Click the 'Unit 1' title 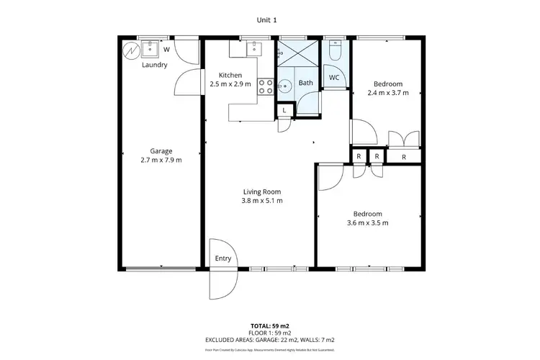tap(267, 19)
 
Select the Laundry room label tap(154, 65)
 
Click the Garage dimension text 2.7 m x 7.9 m tap(161, 160)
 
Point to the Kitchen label tap(230, 75)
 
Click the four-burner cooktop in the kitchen tap(266, 86)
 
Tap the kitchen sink tap(256, 49)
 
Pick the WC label tap(334, 77)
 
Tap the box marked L tap(285, 110)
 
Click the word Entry tap(223, 259)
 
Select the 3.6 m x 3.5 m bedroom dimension tap(367, 223)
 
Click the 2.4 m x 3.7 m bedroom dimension tap(387, 93)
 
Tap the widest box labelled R tap(404, 156)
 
